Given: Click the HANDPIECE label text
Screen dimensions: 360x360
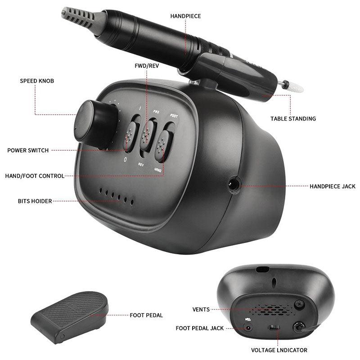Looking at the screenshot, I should click(x=185, y=16).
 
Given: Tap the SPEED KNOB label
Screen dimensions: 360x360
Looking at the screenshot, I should click(x=36, y=81).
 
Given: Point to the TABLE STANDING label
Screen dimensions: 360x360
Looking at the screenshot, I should click(x=293, y=119).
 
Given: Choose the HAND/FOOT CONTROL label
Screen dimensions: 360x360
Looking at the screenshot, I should click(x=34, y=176).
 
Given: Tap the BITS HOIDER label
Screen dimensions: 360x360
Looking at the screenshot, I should click(x=35, y=201).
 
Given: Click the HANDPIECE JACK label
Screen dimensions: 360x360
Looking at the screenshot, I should click(x=332, y=186).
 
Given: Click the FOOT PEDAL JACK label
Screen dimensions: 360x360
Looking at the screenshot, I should click(x=200, y=328).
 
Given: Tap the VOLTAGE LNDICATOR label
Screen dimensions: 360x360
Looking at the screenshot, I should click(x=279, y=350).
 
